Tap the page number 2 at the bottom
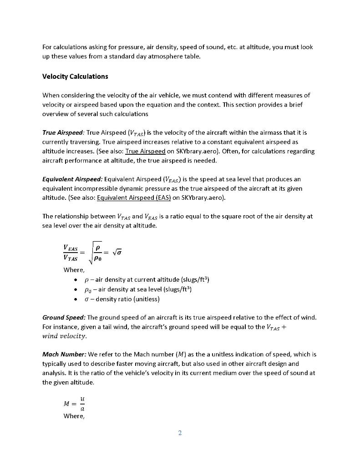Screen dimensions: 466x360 (x=180, y=433)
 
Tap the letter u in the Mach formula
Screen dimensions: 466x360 (x=82, y=398)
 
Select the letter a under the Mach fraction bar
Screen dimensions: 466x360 (x=82, y=408)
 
